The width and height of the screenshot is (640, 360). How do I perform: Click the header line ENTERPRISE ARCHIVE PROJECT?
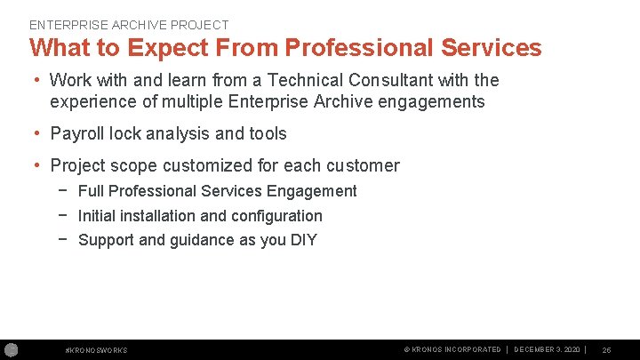[x=129, y=25]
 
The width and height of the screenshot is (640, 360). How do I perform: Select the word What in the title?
[x=60, y=47]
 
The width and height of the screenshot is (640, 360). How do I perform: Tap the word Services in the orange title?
[x=487, y=47]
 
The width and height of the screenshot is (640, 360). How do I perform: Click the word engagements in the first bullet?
[x=432, y=101]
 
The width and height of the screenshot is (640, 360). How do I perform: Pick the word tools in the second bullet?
[x=268, y=133]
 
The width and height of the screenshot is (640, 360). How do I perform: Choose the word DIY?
[x=303, y=240]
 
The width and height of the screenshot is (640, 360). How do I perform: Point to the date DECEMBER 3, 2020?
[x=548, y=350]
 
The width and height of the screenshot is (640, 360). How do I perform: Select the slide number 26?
[x=606, y=350]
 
